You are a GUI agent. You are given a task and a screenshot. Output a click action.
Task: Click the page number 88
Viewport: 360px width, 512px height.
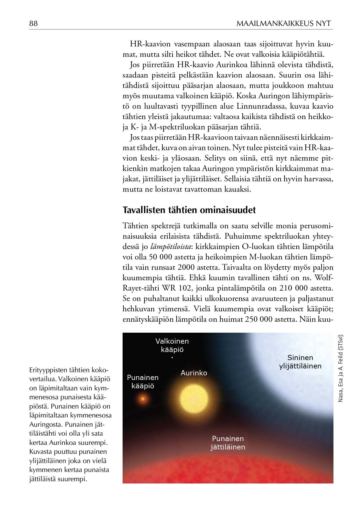point(33,24)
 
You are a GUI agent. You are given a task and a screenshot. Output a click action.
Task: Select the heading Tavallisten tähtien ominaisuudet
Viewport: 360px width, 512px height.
point(189,210)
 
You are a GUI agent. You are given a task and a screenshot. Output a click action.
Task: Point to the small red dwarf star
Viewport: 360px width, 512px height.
point(142,399)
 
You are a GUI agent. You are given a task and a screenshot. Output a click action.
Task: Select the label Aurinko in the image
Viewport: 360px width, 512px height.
point(194,373)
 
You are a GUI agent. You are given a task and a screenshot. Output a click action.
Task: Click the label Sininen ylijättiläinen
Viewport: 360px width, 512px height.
point(300,362)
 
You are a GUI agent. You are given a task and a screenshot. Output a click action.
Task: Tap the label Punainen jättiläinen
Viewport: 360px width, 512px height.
point(228,443)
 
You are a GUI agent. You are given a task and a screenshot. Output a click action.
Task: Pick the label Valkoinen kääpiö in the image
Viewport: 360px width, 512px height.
point(172,345)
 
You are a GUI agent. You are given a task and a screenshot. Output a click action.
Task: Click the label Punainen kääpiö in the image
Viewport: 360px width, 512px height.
point(143,382)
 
